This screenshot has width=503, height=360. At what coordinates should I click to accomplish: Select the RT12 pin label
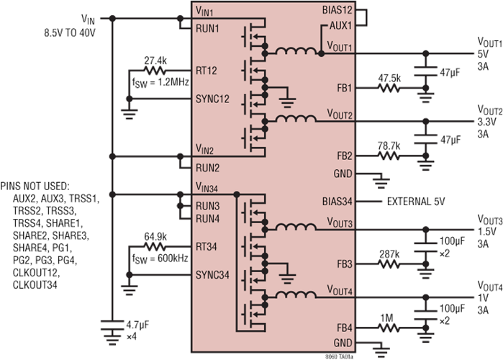click(x=207, y=71)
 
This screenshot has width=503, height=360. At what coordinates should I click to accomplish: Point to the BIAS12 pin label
click(x=338, y=12)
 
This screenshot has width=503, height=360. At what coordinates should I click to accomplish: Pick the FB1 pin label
click(x=344, y=89)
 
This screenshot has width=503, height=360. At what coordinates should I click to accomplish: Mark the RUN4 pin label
click(x=209, y=218)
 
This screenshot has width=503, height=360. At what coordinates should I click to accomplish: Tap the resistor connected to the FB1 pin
click(x=389, y=89)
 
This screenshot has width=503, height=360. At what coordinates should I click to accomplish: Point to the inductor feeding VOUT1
click(x=294, y=51)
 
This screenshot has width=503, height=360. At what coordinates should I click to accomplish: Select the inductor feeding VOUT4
click(x=294, y=296)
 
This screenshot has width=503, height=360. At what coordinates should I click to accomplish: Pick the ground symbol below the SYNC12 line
click(x=130, y=111)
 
